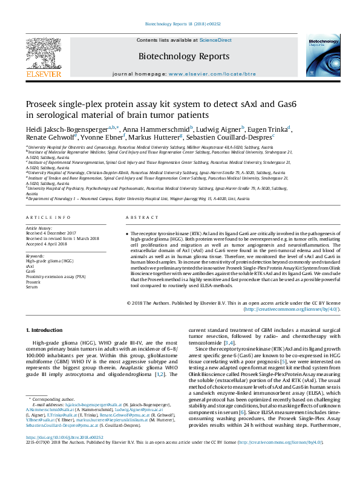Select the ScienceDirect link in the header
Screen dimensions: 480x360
pyautogui.click(x=215, y=41)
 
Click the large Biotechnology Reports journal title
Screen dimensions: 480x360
pyautogui.click(x=180, y=56)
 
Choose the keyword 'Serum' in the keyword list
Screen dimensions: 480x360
pyautogui.click(x=31, y=287)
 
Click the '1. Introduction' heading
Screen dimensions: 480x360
pyautogui.click(x=46, y=330)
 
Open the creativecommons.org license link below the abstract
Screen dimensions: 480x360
pyautogui.click(x=291, y=309)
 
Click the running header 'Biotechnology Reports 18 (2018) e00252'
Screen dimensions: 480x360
pyautogui.click(x=180, y=25)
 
